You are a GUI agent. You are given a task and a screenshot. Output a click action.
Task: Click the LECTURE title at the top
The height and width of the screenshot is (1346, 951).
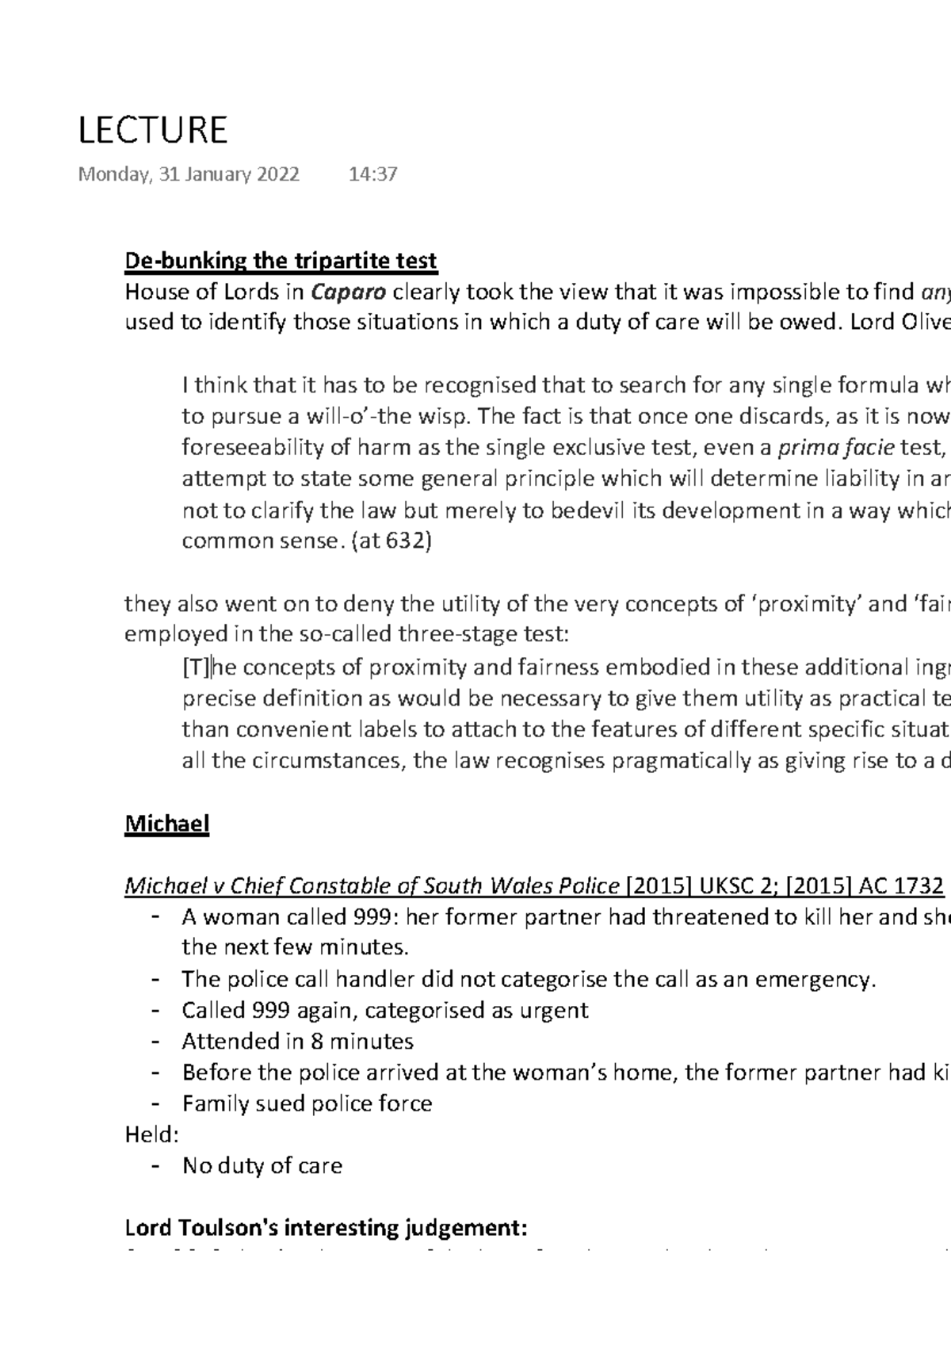[x=152, y=129]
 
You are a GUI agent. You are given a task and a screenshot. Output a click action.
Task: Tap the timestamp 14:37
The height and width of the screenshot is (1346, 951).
[x=372, y=174]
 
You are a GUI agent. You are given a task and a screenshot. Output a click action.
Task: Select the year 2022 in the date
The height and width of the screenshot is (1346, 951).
[x=277, y=174]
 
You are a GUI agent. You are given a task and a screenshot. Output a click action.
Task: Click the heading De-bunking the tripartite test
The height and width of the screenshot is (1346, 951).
[x=281, y=261]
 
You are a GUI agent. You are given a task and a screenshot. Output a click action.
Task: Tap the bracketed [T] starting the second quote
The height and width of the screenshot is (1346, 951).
[x=196, y=667]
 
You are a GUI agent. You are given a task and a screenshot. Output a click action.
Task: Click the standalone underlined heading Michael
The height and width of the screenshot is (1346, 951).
[x=166, y=824]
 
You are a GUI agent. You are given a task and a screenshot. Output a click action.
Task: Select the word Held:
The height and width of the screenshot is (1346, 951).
[x=152, y=1135]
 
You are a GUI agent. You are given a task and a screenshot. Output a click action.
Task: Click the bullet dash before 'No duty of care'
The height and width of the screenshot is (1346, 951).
[x=156, y=1166]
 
